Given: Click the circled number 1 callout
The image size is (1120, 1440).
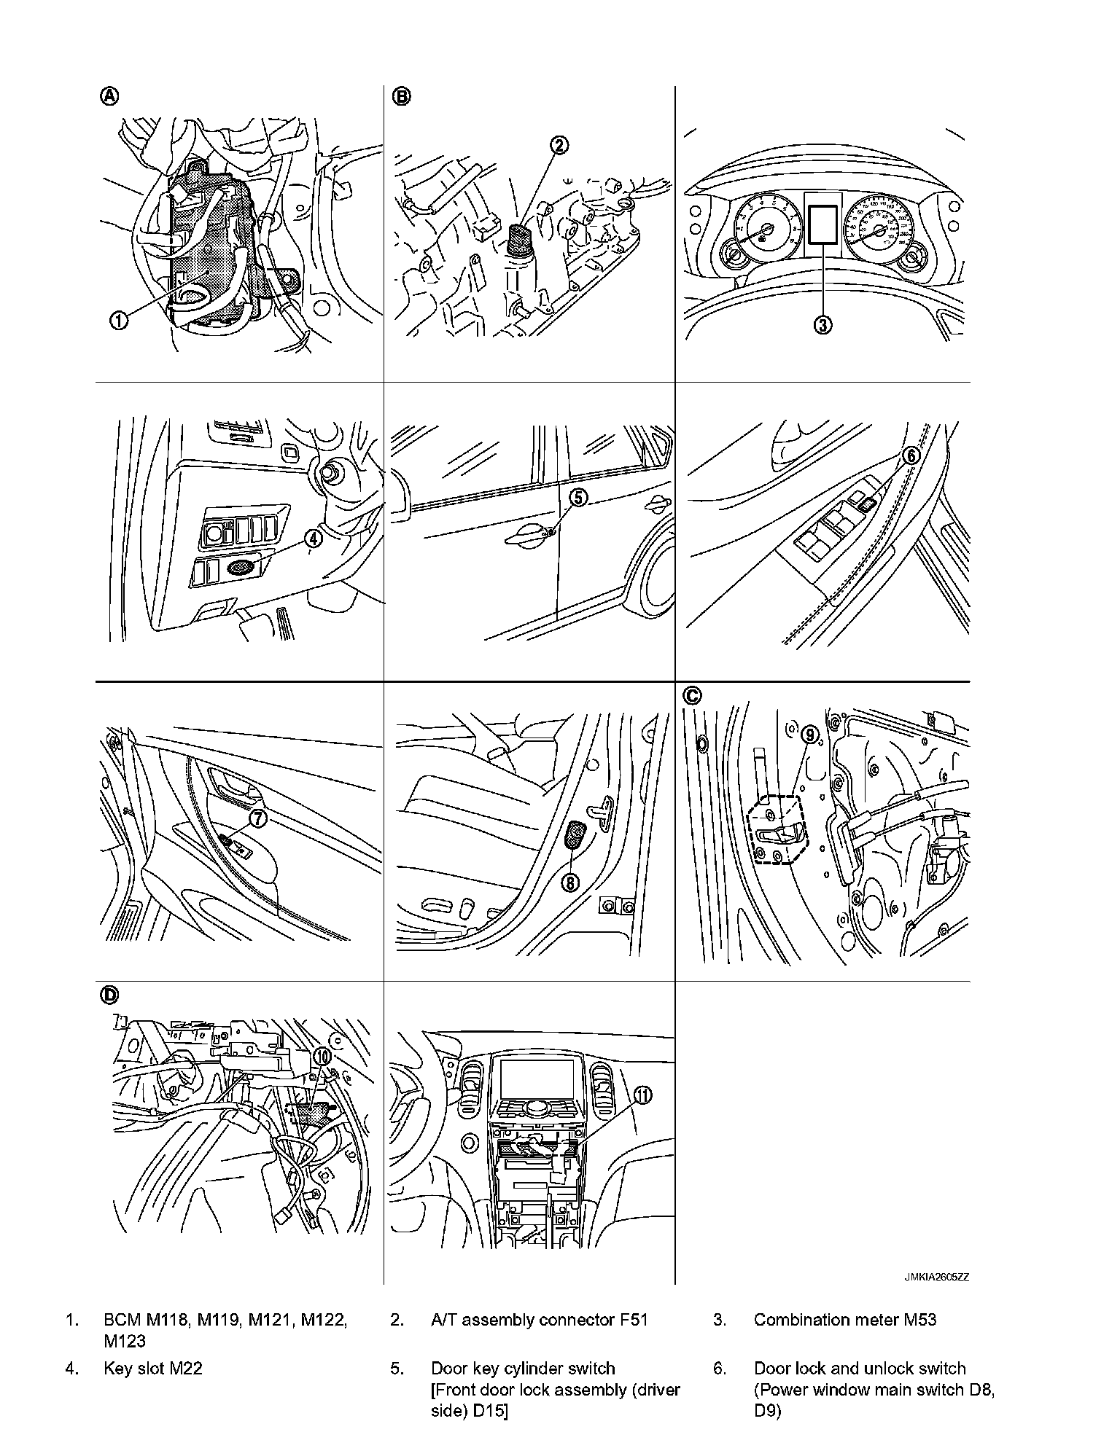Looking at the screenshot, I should [x=120, y=319].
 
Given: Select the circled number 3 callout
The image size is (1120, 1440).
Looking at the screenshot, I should [x=822, y=325].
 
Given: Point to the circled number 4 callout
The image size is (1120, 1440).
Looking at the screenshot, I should [x=312, y=539].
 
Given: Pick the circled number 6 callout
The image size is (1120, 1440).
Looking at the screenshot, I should [x=911, y=455].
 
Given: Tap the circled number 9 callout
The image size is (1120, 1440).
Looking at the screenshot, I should [x=810, y=735].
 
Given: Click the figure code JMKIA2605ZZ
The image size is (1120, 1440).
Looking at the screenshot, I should [x=937, y=1277].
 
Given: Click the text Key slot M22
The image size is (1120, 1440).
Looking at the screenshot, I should [x=152, y=1369].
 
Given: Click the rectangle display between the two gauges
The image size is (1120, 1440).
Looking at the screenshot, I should [x=822, y=224].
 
